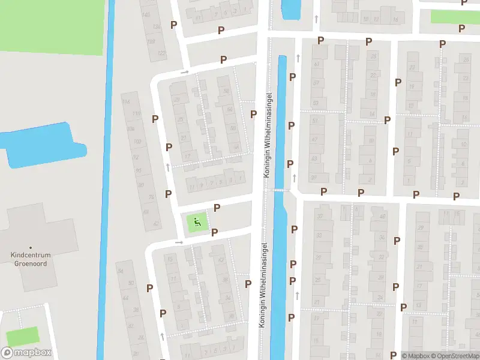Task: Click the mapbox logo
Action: pos(26,353)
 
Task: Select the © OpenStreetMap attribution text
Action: pos(455,356)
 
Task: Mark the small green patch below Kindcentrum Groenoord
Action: pos(22,337)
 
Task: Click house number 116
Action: pos(125,102)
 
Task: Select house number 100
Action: pos(137,142)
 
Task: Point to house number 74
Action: pos(151,197)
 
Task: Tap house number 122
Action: pos(161,53)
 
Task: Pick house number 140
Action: pos(146,13)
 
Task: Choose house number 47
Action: pos(315,139)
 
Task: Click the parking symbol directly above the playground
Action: pos(217,208)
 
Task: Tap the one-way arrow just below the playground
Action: pos(179,242)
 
